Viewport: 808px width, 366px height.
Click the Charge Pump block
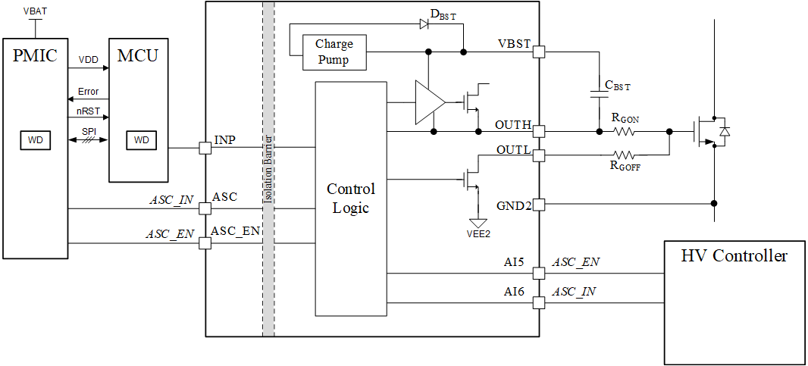pos(334,52)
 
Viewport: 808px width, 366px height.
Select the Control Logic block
pos(350,199)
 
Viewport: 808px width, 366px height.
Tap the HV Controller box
pos(733,302)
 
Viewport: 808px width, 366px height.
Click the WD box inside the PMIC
pos(36,140)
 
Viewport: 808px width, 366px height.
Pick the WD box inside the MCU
pos(142,140)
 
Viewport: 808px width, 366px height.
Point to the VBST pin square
pos(539,52)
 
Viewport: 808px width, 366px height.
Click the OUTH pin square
pos(539,131)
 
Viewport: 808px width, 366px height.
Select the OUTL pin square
pos(539,155)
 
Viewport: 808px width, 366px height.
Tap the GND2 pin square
pos(539,204)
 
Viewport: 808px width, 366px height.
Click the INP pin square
pos(205,148)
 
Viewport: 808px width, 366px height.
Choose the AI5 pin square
pos(539,273)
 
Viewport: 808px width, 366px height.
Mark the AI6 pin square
pos(539,303)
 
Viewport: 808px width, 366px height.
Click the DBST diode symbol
pos(424,23)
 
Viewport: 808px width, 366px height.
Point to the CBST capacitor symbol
pos(597,94)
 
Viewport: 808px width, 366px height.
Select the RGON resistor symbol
pos(623,131)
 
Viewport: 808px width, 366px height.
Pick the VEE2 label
pos(478,234)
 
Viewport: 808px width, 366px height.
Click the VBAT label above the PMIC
pos(33,11)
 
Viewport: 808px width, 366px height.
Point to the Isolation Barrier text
pos(268,170)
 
